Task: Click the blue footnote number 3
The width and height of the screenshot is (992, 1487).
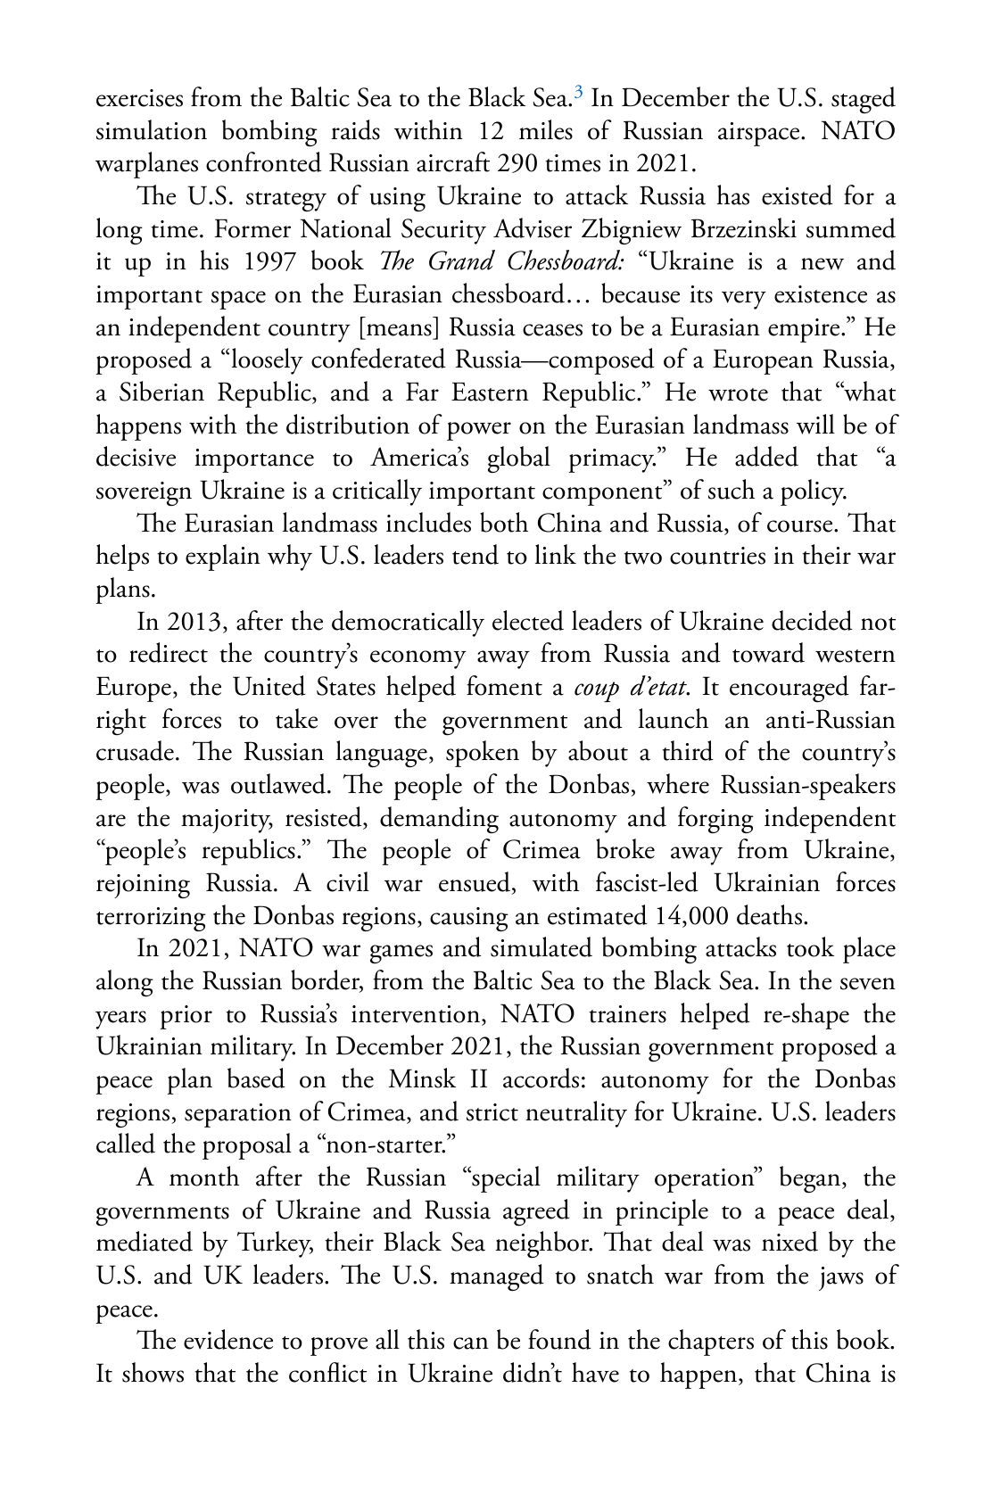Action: [579, 91]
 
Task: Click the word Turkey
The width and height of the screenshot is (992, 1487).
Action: [277, 1243]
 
